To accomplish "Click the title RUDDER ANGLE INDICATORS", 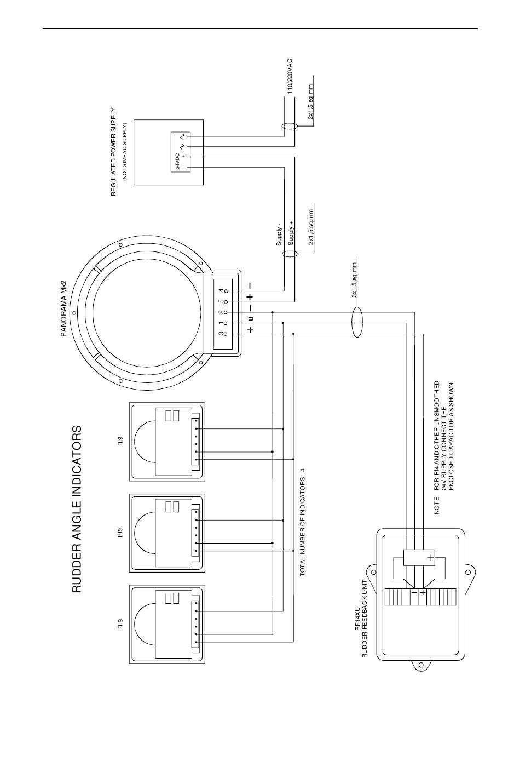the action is tap(77, 509).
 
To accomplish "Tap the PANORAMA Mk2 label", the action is tap(63, 308).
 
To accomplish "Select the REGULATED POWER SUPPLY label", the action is tap(113, 152).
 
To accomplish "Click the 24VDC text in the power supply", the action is tap(177, 161).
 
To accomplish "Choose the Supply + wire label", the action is tap(291, 233).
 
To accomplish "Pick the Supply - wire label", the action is tap(279, 234).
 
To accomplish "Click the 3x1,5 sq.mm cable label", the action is tap(354, 280).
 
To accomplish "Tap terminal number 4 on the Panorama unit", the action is tap(221, 290).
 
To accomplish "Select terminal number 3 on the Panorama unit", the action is tap(221, 334).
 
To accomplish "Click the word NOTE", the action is tap(437, 505).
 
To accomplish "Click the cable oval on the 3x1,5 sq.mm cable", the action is tap(357, 322).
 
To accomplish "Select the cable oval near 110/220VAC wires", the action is tap(289, 126).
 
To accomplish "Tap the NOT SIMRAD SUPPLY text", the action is tap(125, 152).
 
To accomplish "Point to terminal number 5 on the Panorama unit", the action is tap(221, 301).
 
